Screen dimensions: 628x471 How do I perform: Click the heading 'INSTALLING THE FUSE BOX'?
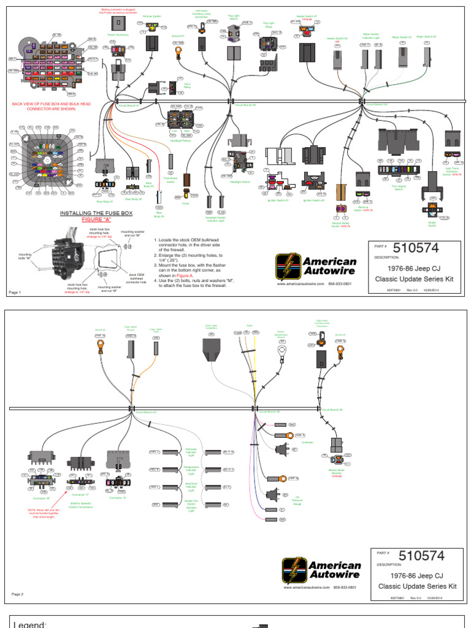(98, 213)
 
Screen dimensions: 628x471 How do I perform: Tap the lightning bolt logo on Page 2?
(294, 569)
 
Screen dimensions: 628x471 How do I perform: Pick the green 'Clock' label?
(185, 203)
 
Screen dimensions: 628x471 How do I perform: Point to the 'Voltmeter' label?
(309, 440)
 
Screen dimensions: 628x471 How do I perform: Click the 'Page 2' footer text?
(18, 594)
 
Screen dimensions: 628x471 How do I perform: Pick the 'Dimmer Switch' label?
(151, 17)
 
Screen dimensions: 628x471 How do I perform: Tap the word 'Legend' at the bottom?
(30, 623)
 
